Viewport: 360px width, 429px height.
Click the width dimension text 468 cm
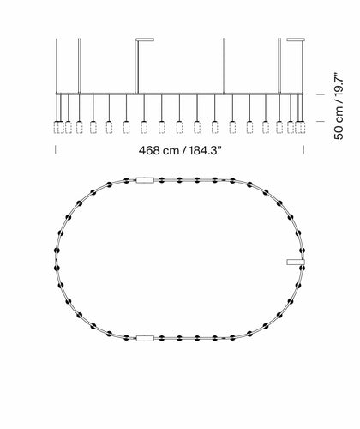coord(159,150)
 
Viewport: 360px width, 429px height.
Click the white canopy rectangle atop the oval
coord(145,180)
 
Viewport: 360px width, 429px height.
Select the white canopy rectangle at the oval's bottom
coord(145,338)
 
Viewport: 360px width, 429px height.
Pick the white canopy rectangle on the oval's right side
coord(296,262)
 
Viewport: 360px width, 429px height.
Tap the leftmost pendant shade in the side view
coord(57,127)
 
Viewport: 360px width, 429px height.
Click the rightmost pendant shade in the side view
coord(302,127)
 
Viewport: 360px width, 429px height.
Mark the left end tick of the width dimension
coord(56,149)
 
